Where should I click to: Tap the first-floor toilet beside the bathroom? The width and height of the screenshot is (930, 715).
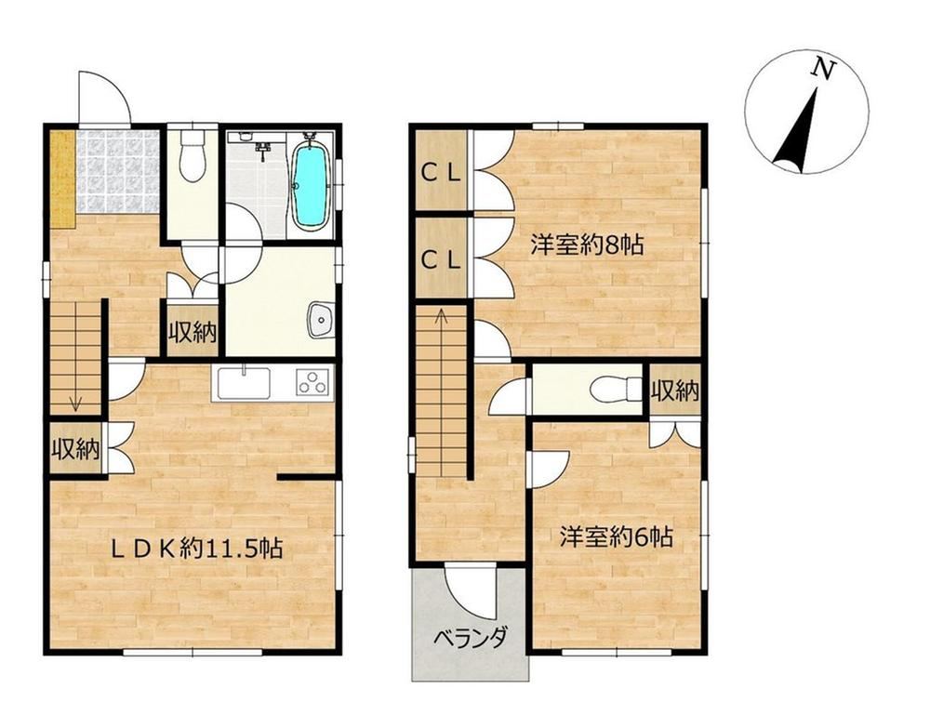point(192,154)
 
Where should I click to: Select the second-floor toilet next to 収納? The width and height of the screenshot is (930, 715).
point(617,390)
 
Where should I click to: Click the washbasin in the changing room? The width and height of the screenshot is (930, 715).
point(322,320)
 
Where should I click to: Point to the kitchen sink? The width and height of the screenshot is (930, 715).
point(245,383)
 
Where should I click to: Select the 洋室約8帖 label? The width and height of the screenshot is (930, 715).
point(587,245)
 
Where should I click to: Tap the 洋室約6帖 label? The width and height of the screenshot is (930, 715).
point(617,537)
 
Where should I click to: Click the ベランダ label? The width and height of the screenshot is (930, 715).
point(471,639)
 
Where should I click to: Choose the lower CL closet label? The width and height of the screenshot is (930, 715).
point(440,260)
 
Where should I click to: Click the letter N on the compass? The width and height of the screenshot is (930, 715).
point(822,68)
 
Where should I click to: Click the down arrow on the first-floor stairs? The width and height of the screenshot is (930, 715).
point(75,402)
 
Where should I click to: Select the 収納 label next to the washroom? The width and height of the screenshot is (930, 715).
point(193,334)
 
